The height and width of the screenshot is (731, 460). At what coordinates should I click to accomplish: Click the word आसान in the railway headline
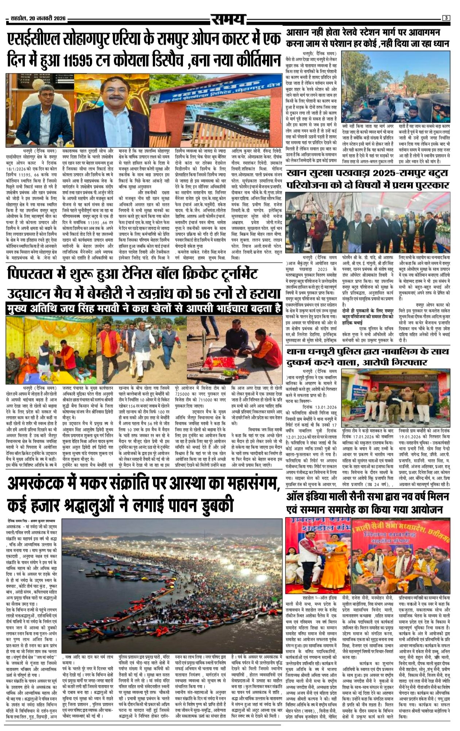pyautogui.click(x=303, y=32)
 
